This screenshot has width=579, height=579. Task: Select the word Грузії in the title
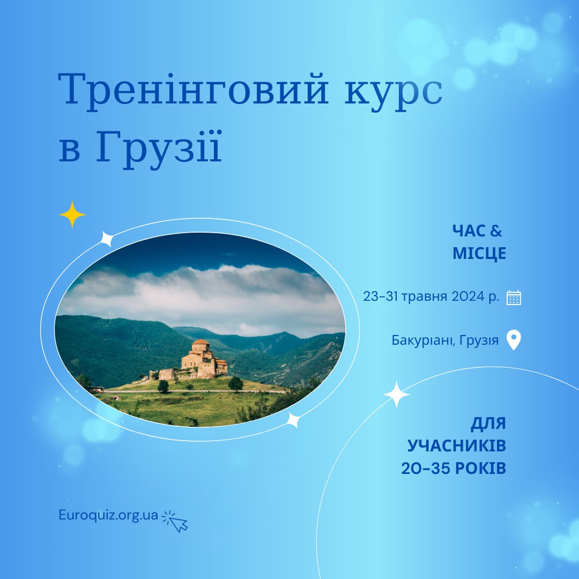pos(159,149)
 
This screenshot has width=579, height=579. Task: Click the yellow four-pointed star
pos(72,214)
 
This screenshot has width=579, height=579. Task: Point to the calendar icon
pos(514,298)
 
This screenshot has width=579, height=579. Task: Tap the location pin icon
pos(513,340)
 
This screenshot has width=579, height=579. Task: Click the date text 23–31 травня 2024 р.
pos(431,296)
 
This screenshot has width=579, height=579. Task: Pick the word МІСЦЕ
pos(479,253)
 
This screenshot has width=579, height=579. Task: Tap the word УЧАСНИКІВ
pos(456,446)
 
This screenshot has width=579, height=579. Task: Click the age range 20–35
pos(425,468)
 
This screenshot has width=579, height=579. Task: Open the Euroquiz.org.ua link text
pos(108,515)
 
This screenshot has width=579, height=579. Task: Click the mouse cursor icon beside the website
pos(175,521)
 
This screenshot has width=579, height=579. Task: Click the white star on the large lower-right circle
pos(396,395)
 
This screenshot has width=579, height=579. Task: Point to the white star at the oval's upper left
pos(107,239)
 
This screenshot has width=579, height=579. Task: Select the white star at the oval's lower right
pos(293,420)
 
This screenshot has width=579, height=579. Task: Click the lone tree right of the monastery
pos(235,384)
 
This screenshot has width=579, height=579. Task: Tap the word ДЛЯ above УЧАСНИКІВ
pos(488,424)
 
